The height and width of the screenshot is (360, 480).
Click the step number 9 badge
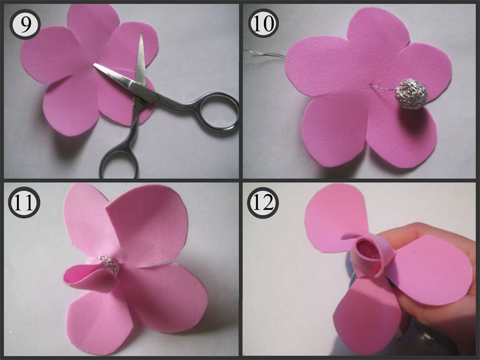[x=25, y=24]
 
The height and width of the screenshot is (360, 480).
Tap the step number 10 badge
[x=263, y=23]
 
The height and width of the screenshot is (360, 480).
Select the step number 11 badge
[x=24, y=203]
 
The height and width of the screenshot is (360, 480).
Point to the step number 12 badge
[x=263, y=203]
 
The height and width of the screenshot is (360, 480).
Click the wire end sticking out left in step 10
[x=245, y=49]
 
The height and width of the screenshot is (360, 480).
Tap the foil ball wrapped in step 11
[x=109, y=265]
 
